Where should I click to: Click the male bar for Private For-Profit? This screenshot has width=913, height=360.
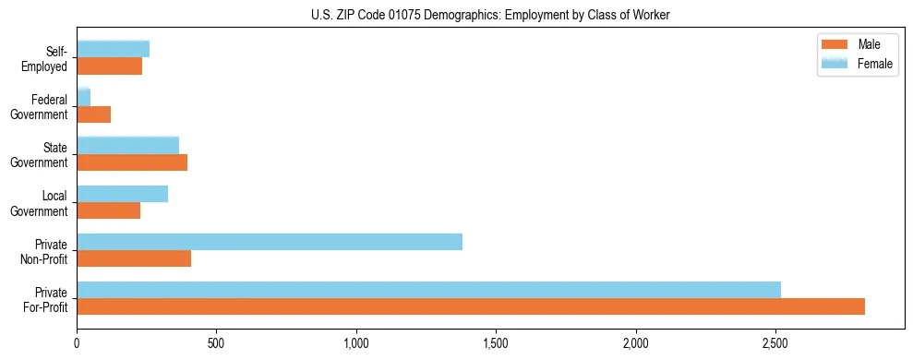tap(471, 306)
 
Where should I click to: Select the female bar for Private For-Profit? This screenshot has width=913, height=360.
tap(429, 290)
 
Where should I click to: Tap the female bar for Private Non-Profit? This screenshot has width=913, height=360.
tap(270, 242)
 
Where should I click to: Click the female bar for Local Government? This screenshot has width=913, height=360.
tap(123, 194)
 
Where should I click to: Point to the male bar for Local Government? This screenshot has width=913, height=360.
tap(109, 210)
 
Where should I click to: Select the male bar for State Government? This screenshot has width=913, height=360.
tap(132, 162)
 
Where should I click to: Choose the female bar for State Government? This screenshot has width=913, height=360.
tap(128, 145)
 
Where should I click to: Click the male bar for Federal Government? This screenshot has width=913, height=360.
tap(94, 114)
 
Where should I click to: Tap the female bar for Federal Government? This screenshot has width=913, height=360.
tap(84, 97)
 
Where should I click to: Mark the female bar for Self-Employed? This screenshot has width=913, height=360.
tap(114, 49)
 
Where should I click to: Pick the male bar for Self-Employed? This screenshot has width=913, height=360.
tap(110, 66)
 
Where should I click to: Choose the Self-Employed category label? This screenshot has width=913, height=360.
tap(50, 58)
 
